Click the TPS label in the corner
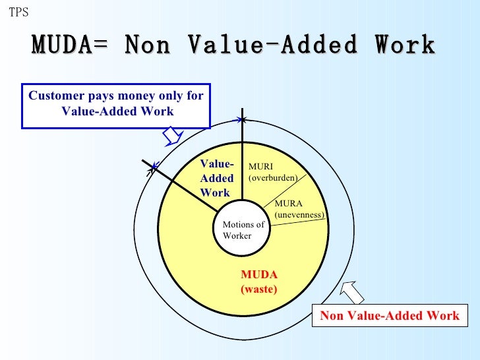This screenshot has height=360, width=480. point(18,13)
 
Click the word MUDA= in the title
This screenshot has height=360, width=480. point(73,45)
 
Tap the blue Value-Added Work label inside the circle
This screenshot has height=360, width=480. point(217,179)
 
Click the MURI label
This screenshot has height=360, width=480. point(260,167)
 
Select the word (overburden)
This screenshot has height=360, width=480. point(273,177)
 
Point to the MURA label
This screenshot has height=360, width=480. point(288,204)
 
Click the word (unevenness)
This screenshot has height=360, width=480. point(299,215)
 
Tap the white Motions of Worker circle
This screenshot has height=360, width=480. point(242,230)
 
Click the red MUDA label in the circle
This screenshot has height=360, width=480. point(259,274)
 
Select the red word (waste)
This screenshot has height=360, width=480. point(259,289)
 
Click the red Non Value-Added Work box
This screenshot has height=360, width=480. point(389,316)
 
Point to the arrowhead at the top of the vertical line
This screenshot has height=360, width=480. point(243,119)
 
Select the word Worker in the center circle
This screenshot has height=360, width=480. point(237,236)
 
